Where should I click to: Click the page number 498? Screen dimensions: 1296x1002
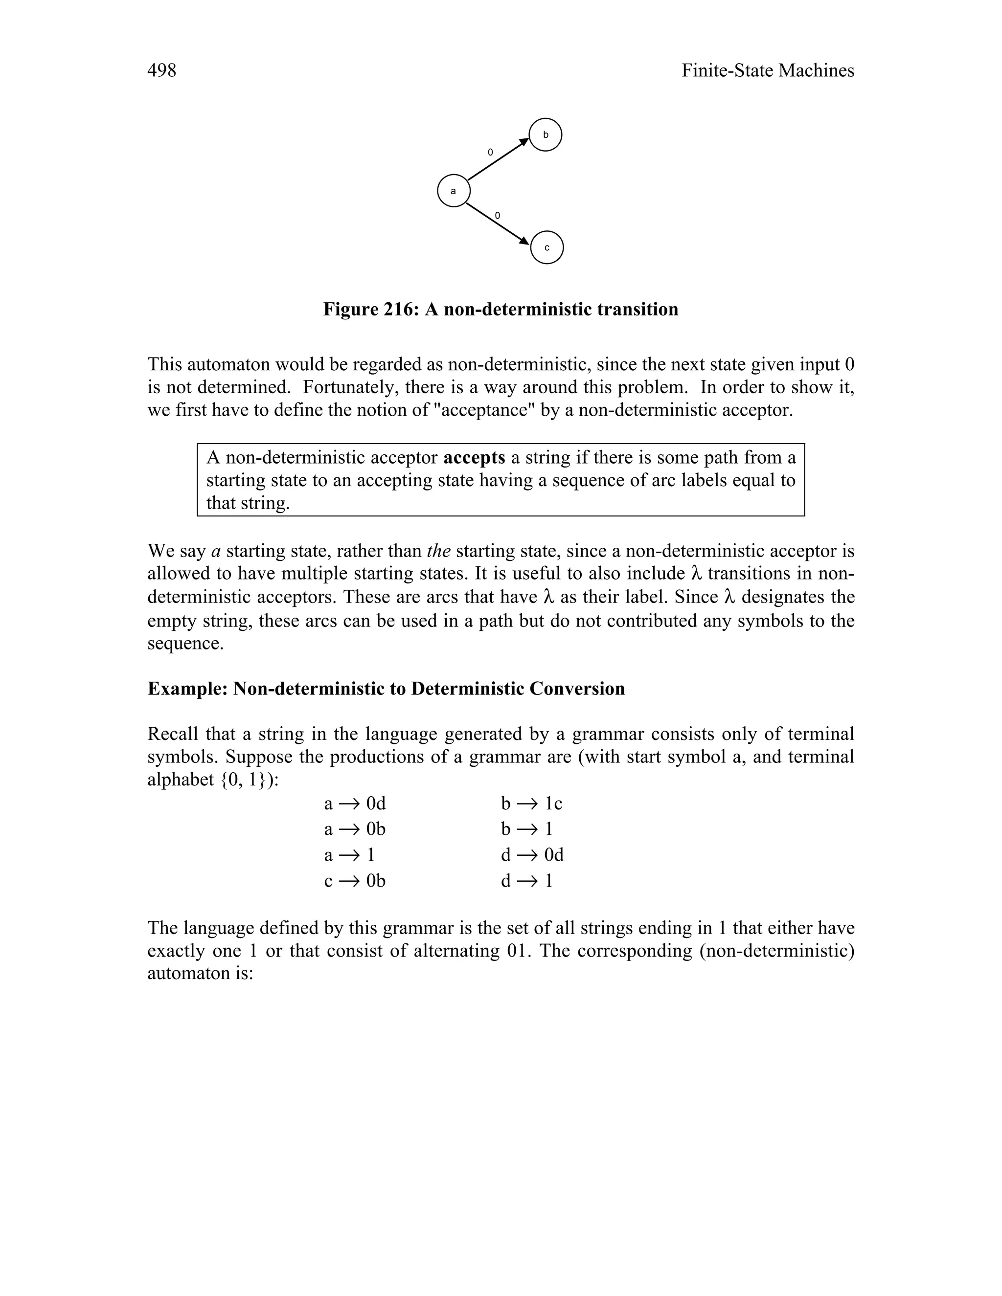click(x=161, y=70)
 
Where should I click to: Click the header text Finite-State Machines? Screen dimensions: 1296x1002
click(x=767, y=70)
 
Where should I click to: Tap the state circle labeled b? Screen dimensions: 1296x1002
click(x=545, y=135)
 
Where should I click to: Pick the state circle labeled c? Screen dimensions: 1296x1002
click(x=546, y=247)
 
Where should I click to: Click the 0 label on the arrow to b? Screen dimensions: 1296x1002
click(x=490, y=153)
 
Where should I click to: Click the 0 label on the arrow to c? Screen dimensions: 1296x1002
click(x=498, y=215)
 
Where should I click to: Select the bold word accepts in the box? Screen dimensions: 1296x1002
click(x=474, y=458)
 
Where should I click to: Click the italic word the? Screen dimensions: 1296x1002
click(x=439, y=551)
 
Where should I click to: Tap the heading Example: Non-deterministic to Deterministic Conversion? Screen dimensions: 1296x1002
click(x=386, y=689)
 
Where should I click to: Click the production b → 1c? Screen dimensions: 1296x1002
click(x=531, y=804)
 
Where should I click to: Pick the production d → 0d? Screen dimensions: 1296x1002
click(x=532, y=855)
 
